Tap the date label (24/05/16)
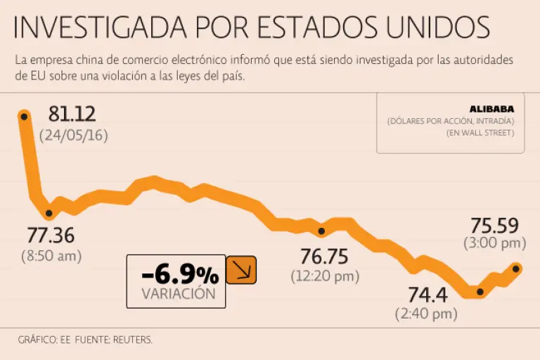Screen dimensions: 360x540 click(74, 135)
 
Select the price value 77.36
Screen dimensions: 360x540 click(51, 236)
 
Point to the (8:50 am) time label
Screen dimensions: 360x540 click(51, 256)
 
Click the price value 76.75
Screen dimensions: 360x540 click(324, 256)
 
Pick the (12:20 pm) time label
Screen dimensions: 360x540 click(324, 276)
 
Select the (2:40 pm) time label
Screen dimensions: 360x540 click(426, 314)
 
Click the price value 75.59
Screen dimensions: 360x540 click(494, 226)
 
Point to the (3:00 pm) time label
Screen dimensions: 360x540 click(494, 244)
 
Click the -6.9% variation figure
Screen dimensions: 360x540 click(179, 274)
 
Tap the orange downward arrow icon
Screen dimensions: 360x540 click(241, 270)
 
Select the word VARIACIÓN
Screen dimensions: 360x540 click(179, 294)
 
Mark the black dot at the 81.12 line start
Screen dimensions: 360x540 click(23, 116)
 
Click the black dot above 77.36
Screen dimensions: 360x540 click(49, 213)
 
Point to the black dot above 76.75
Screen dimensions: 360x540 click(321, 231)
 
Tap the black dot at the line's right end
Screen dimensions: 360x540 click(517, 268)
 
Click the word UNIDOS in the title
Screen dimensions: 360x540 click(437, 27)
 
